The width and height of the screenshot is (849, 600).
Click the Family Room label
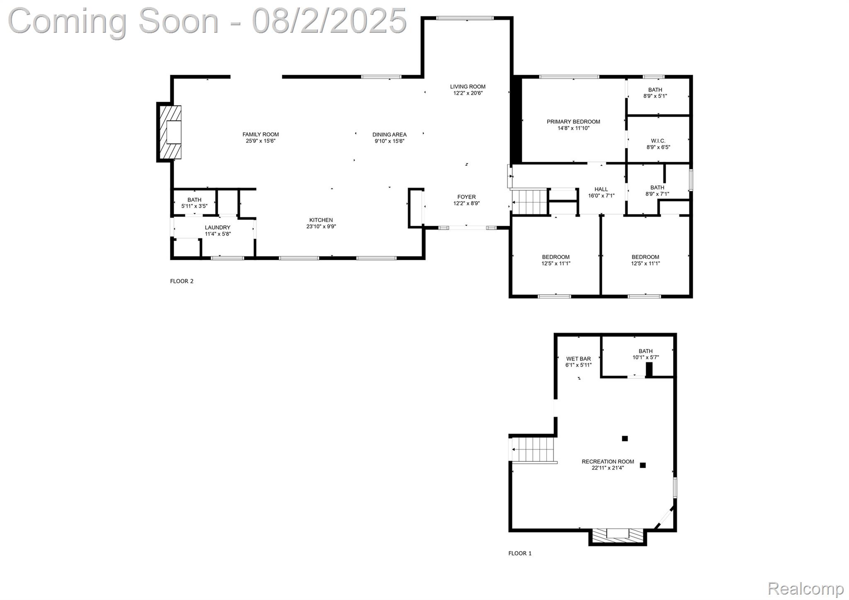(260, 134)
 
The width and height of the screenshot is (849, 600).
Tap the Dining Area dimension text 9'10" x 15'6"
(389, 141)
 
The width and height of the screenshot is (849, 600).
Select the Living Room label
(468, 87)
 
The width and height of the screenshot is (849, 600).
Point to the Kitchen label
(321, 220)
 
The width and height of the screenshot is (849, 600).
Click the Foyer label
(466, 197)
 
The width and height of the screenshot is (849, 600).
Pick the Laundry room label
(218, 227)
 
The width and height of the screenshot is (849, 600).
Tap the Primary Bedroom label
(573, 122)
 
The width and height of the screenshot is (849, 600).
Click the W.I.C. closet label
(658, 141)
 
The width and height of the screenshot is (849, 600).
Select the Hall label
(601, 189)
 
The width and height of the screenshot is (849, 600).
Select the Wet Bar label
(578, 359)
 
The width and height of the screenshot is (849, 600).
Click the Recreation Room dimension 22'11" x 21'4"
(608, 468)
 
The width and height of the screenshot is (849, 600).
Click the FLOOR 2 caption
(182, 281)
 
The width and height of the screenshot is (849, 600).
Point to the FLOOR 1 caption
(520, 553)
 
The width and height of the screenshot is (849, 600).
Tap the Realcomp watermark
(805, 588)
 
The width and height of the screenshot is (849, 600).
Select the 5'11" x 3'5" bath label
(194, 206)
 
